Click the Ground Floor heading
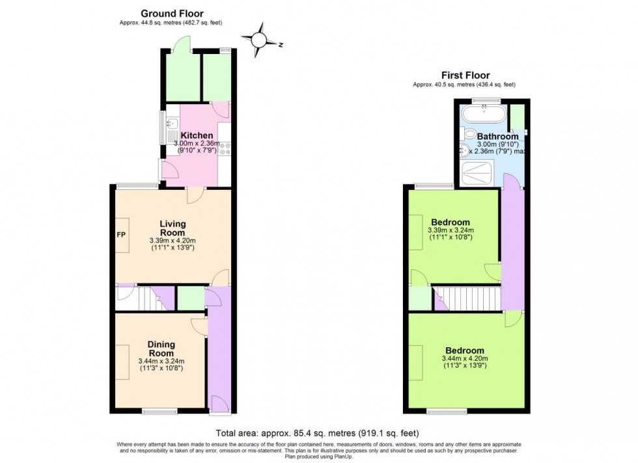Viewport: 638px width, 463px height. coord(172,14)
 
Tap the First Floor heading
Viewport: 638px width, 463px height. coord(465,75)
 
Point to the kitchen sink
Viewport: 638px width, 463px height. coord(170,124)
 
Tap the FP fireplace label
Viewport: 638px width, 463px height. coord(121,233)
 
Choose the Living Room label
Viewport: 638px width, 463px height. coord(173,228)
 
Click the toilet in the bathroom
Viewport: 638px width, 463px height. coord(470,134)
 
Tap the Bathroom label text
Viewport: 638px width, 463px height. coord(497,137)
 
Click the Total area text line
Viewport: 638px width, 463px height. coord(317,433)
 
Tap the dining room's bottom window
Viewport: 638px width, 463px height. coord(159,411)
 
